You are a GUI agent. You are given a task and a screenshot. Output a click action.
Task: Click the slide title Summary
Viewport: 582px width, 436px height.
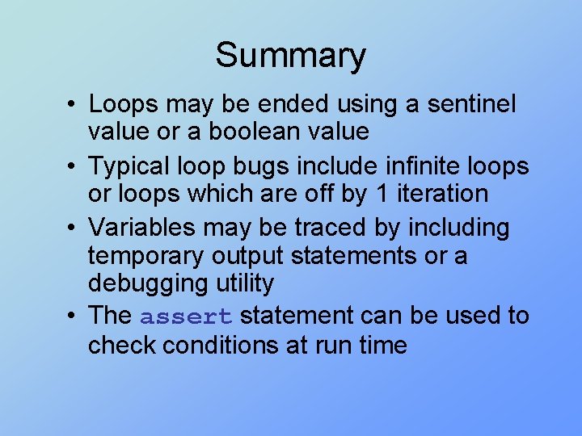click(x=290, y=56)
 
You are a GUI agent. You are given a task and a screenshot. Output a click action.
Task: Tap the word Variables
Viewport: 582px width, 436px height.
click(x=143, y=228)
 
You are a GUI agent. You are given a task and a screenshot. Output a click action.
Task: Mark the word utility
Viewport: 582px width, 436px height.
click(x=247, y=284)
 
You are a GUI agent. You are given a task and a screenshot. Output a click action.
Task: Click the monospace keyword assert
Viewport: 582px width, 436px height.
click(x=187, y=317)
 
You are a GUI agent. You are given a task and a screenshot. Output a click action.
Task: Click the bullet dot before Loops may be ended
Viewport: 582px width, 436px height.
click(x=73, y=105)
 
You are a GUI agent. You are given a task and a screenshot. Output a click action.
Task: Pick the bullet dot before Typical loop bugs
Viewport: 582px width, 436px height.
click(x=73, y=167)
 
